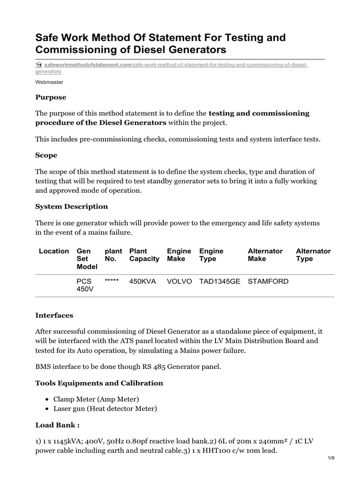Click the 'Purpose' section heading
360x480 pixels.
[51, 97]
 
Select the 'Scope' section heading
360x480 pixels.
[46, 155]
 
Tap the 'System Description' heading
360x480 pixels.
[72, 207]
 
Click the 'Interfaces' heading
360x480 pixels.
[54, 315]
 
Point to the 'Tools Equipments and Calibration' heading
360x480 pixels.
[99, 383]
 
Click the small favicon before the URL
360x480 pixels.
[39, 65]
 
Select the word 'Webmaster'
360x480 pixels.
[49, 82]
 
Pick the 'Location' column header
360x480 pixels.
[54, 251]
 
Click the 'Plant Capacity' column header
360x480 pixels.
[144, 255]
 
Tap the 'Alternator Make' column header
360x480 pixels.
[265, 255]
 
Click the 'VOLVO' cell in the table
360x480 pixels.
[179, 282]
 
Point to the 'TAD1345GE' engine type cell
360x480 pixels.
[219, 282]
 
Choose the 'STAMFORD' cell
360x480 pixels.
[268, 282]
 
